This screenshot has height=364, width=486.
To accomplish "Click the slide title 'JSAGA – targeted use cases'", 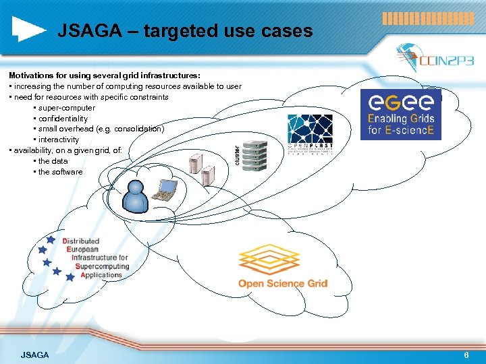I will (x=185, y=31).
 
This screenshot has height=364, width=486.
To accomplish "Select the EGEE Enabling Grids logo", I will (x=401, y=114).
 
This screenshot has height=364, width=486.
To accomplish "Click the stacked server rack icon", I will (x=256, y=156).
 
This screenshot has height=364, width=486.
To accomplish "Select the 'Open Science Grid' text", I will (x=283, y=284).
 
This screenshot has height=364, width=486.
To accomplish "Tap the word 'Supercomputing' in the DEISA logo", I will (x=103, y=266).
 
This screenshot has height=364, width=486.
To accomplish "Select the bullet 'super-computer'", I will (x=66, y=108).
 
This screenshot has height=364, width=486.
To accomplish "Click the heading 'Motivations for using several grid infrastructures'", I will (x=105, y=75).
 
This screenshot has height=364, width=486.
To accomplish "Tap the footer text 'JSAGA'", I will (x=34, y=355).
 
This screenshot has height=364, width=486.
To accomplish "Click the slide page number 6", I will (x=466, y=355).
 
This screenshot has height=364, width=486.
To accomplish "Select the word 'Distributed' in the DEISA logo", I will (x=81, y=241).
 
